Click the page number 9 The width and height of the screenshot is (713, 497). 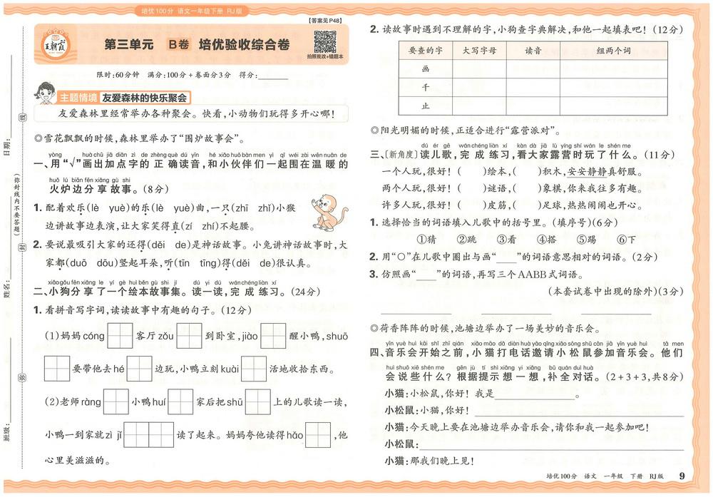tap(682, 476)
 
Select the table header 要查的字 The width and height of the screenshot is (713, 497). tap(426, 51)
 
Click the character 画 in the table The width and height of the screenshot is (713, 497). tap(426, 69)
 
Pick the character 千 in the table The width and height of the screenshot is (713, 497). tap(426, 87)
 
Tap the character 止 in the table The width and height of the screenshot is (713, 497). tap(426, 106)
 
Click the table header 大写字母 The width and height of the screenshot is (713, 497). tap(479, 51)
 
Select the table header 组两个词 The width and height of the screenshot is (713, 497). tap(613, 51)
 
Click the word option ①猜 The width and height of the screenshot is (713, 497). tap(426, 240)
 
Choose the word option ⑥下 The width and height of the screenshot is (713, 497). tap(626, 240)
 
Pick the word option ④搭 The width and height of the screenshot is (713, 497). tap(547, 240)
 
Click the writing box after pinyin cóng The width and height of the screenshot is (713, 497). tap(119, 336)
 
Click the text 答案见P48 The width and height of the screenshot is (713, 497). tap(326, 21)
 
